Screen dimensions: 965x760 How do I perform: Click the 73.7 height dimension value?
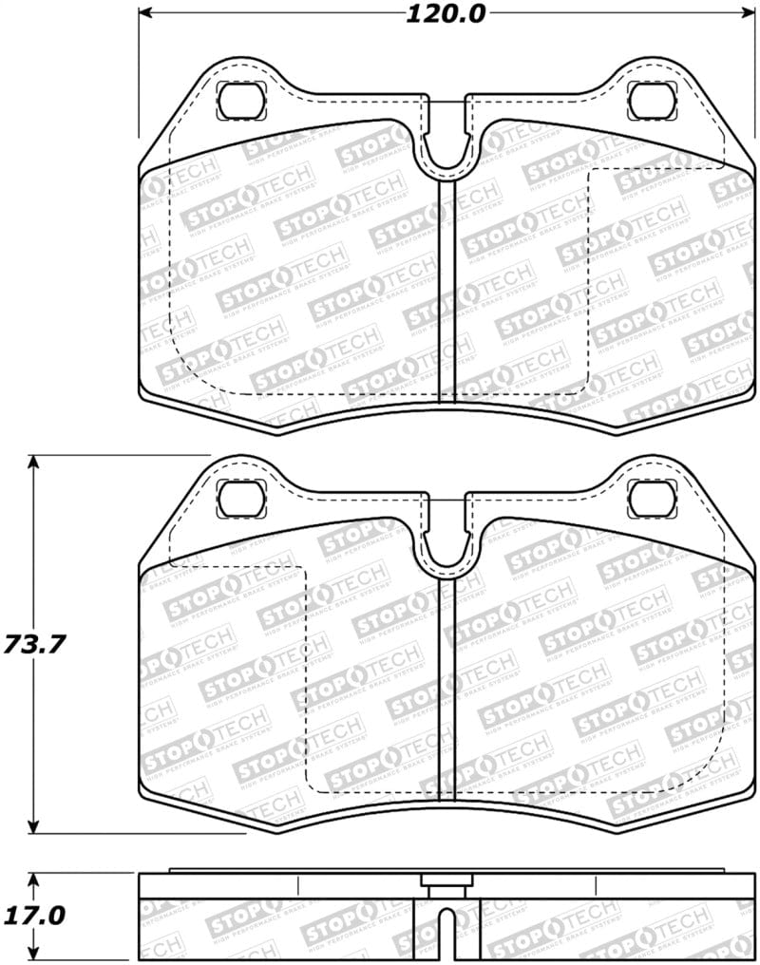(x=33, y=645)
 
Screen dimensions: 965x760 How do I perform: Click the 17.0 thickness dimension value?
(x=33, y=916)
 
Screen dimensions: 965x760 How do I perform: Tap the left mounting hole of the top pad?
(x=240, y=99)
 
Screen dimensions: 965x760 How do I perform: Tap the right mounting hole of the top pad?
(x=651, y=99)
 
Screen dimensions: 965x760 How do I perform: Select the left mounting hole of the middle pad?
(x=240, y=497)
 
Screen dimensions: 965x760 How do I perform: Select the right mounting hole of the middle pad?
(x=651, y=497)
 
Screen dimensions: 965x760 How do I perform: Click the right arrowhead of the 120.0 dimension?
(x=743, y=14)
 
